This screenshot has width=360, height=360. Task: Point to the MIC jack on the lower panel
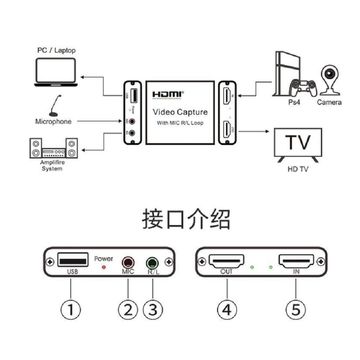(127, 261)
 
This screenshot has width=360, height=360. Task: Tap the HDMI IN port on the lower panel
(296, 260)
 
